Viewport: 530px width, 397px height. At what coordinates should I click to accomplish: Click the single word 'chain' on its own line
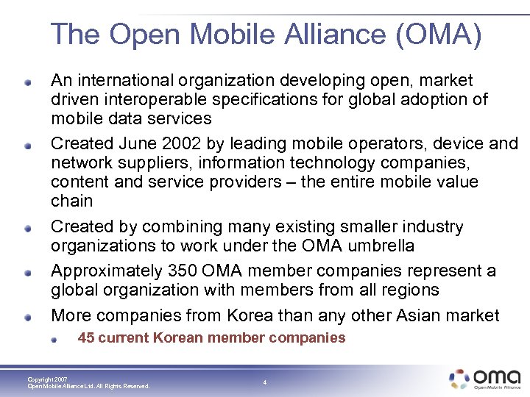[72, 201]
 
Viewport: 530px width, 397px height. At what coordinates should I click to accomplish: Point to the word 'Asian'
[414, 316]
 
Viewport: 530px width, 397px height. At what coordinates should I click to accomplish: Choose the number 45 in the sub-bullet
[85, 338]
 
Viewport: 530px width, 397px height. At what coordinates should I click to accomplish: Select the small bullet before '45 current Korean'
[57, 339]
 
